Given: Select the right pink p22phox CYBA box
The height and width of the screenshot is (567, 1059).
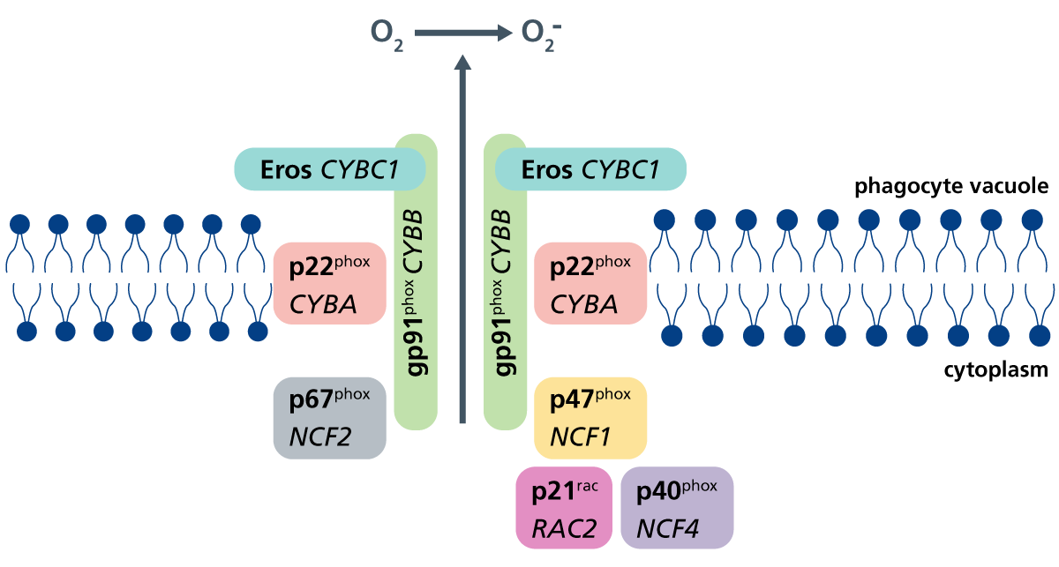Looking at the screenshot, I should click(x=590, y=284).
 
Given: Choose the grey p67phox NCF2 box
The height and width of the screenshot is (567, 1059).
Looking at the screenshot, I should click(x=329, y=418).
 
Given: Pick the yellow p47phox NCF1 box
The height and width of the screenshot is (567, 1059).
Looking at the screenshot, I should click(x=590, y=418).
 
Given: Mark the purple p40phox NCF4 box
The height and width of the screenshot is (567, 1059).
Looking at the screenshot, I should click(x=677, y=508).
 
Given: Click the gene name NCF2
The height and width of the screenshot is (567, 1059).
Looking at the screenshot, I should click(x=321, y=437).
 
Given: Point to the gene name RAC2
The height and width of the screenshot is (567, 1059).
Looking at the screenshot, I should click(x=565, y=528).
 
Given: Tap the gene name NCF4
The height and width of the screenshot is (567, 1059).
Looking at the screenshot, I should click(x=668, y=528).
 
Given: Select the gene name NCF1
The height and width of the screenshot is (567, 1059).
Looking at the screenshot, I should click(x=582, y=437).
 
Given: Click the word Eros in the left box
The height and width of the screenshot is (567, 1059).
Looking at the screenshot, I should click(x=285, y=169).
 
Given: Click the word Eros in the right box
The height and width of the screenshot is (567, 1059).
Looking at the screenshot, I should click(x=547, y=169).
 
